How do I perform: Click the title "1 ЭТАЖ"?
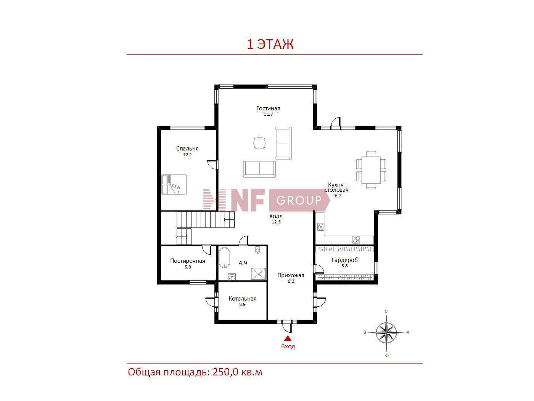click(x=270, y=44)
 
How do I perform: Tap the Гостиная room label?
click(x=268, y=108)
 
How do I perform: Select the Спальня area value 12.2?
click(x=187, y=155)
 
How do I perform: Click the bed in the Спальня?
click(x=174, y=184)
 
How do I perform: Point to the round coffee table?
click(x=259, y=143)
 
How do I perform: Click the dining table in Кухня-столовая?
click(x=371, y=170)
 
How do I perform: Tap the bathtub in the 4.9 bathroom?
click(x=224, y=258)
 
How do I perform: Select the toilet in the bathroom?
click(x=257, y=250)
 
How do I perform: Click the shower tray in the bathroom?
click(x=258, y=274)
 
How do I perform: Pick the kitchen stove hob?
click(x=356, y=240)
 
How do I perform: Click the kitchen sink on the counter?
click(x=321, y=227)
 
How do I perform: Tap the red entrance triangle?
click(x=288, y=338)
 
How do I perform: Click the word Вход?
click(x=288, y=346)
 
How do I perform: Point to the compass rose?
click(x=386, y=333)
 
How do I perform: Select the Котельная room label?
click(x=242, y=299)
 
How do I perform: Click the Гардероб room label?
click(x=345, y=260)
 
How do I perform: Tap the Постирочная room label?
click(x=188, y=261)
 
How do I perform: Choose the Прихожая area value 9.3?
click(x=291, y=281)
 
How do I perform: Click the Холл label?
click(x=276, y=216)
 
